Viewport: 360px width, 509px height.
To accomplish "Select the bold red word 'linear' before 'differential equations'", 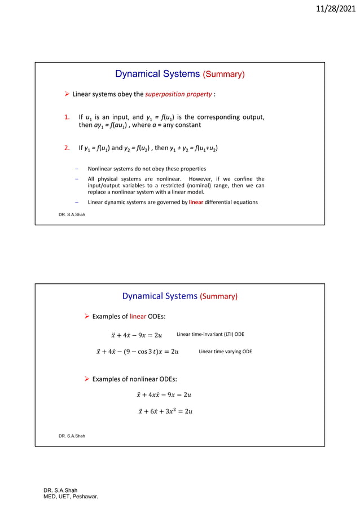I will click(196, 202).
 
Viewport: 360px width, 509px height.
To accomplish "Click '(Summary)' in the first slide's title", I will click(224, 74).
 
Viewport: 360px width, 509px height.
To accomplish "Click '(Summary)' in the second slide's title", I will click(219, 296).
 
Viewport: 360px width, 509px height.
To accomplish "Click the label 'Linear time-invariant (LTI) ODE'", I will click(210, 335).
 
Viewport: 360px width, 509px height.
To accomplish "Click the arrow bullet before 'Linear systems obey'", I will click(67, 94).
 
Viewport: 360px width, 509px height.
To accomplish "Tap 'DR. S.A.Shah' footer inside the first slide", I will click(72, 214).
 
